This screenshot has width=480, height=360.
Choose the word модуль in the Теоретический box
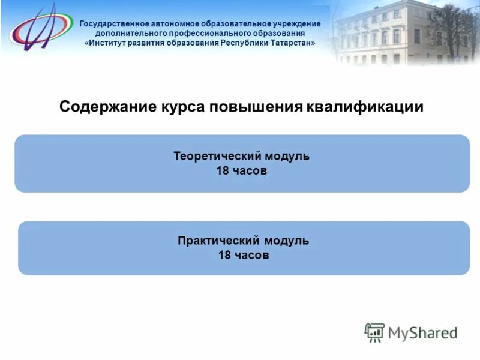(x=287, y=157)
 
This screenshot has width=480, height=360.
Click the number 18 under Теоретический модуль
(x=222, y=171)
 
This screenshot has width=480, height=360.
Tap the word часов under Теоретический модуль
(x=250, y=171)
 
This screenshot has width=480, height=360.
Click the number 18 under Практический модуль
(x=224, y=256)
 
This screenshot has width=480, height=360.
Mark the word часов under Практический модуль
(x=252, y=256)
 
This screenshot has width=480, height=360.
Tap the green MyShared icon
(x=374, y=332)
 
